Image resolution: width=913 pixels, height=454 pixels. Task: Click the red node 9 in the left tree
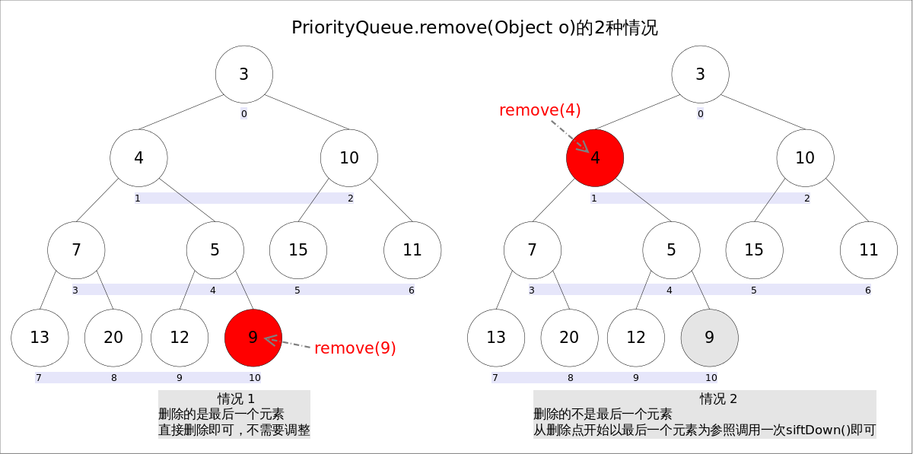[x=253, y=338]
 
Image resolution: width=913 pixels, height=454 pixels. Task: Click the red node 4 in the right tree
[x=595, y=158]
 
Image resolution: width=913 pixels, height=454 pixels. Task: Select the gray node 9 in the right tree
[x=709, y=338]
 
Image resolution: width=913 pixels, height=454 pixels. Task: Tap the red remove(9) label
[x=355, y=348]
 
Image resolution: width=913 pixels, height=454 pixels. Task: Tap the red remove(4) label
[x=539, y=110]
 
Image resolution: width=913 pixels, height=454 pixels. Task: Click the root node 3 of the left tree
[x=243, y=75]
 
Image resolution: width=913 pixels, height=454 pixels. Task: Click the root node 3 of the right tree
[x=700, y=75]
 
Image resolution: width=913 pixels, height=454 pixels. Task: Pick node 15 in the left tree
[x=298, y=250]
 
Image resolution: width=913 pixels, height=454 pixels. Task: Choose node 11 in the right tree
[x=869, y=250]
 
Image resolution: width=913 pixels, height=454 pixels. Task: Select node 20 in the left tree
[x=113, y=338]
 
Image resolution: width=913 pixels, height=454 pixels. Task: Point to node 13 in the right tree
[x=496, y=338]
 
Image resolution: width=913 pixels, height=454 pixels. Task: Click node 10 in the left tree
[x=349, y=158]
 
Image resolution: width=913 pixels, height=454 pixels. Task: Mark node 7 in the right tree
[x=533, y=250]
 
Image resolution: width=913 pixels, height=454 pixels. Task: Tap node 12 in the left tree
[x=180, y=338]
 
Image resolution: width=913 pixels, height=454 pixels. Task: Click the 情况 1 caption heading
[x=235, y=398]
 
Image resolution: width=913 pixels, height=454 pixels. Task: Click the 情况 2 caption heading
[x=718, y=398]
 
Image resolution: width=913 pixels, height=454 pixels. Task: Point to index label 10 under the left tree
[x=254, y=377]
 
